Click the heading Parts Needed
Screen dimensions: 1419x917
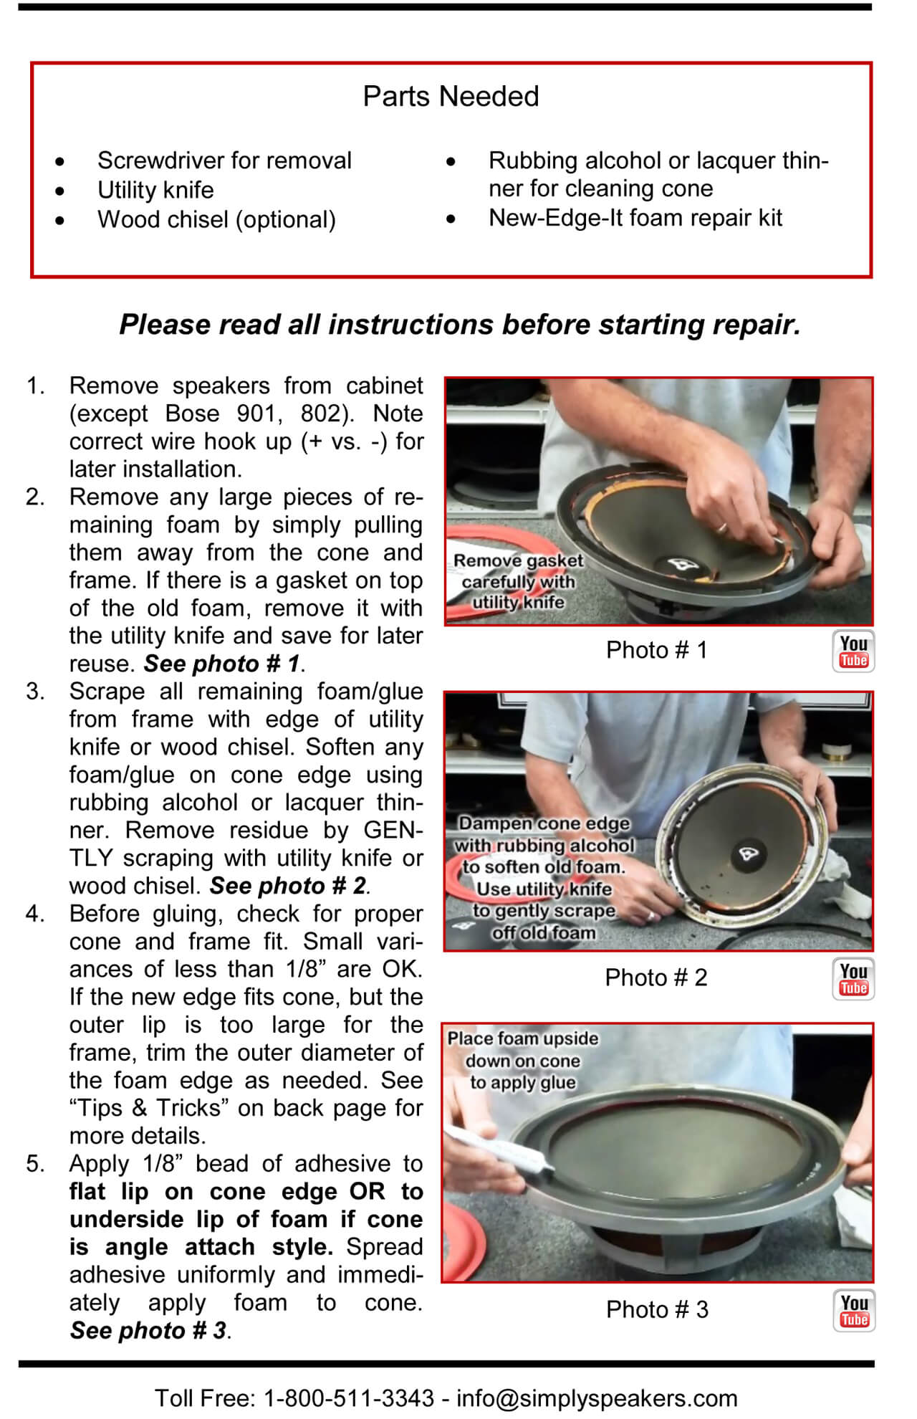(451, 96)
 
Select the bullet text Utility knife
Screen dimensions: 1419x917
(155, 190)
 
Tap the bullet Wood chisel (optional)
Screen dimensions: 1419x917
(216, 219)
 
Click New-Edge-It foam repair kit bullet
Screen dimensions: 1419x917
(635, 218)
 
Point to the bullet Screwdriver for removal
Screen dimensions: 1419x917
(224, 161)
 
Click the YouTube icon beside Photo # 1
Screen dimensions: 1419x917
(853, 651)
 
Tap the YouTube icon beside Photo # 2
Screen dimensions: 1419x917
(853, 979)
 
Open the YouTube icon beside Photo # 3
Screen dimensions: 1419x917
(854, 1311)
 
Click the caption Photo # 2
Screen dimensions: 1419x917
(656, 978)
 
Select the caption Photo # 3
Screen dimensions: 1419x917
(656, 1309)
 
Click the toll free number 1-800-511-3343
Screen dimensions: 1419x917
(349, 1398)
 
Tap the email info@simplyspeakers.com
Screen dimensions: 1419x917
(597, 1398)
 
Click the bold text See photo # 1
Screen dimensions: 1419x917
(221, 664)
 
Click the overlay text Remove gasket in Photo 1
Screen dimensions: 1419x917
(519, 560)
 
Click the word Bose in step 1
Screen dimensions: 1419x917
(190, 414)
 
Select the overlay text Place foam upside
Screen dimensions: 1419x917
(523, 1038)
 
